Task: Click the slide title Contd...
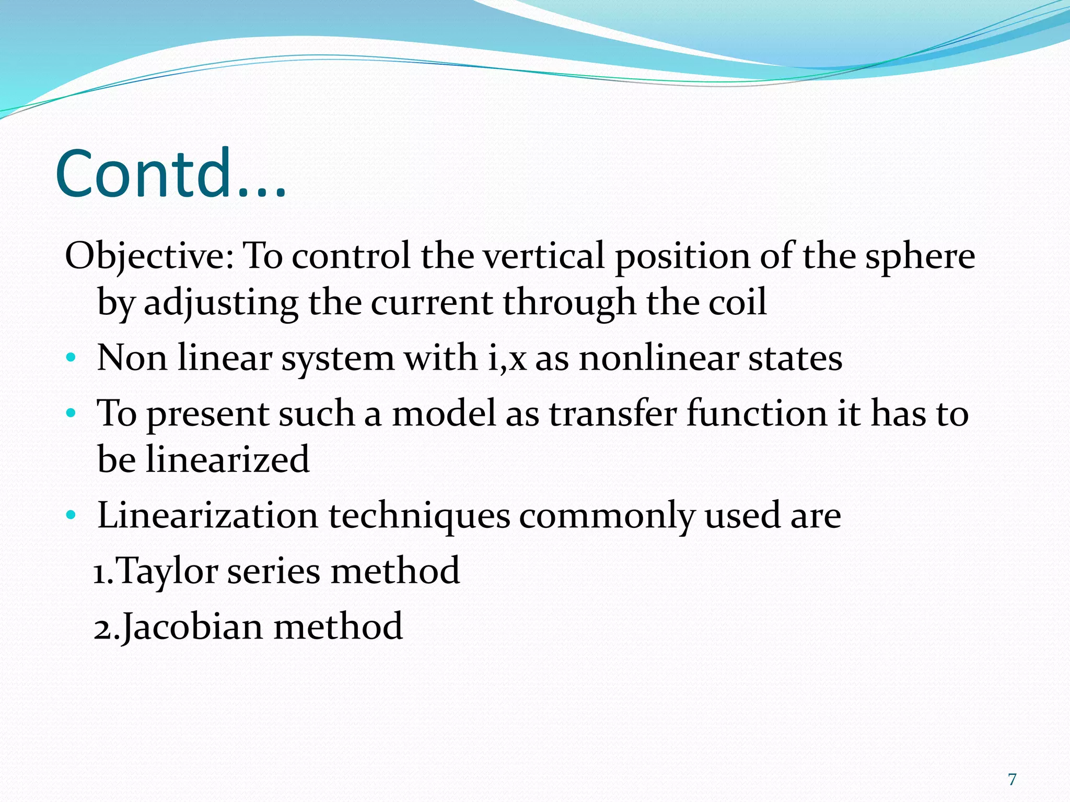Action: coord(171,173)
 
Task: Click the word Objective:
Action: coord(149,257)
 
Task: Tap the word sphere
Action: coord(920,257)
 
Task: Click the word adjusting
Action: coord(221,303)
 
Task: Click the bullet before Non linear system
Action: coord(71,359)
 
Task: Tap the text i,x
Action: coord(507,359)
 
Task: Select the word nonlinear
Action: coord(659,359)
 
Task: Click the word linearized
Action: coord(227,459)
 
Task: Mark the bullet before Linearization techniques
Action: coord(71,516)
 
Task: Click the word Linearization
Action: coord(207,516)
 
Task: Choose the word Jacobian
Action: coord(192,627)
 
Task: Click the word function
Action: coord(757,414)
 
